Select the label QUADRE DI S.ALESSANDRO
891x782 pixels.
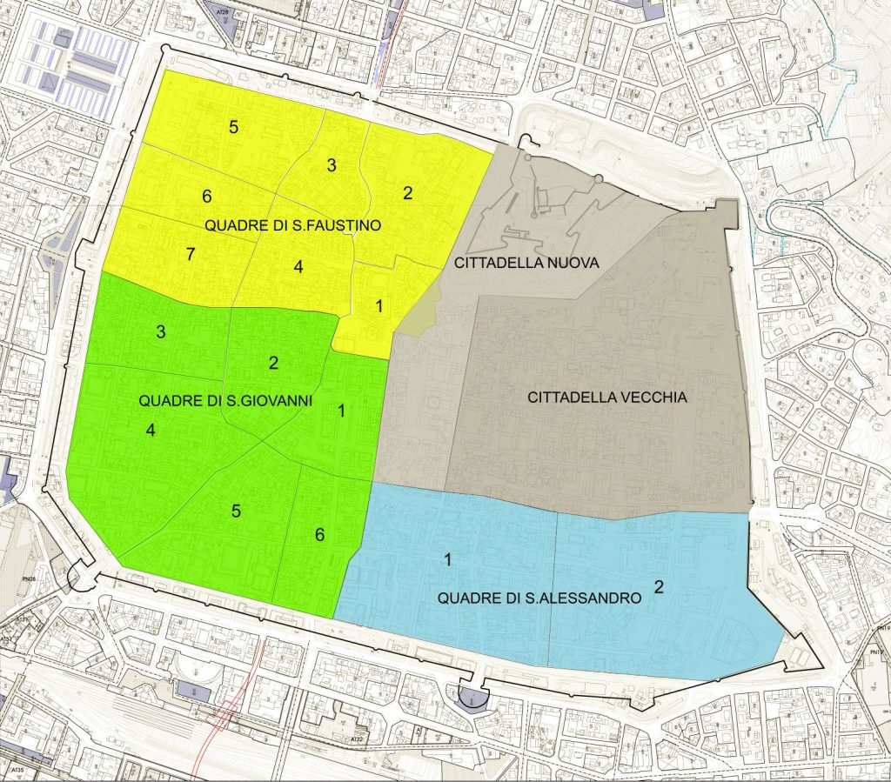(x=539, y=598)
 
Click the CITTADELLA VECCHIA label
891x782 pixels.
(x=607, y=398)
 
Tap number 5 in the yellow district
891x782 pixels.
(x=233, y=127)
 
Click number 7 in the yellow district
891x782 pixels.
(x=191, y=255)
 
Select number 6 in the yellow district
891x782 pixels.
(x=207, y=196)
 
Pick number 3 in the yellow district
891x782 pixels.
(x=331, y=165)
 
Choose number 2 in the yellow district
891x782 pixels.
(x=407, y=193)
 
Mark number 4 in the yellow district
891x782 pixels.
(x=298, y=267)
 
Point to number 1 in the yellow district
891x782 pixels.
(x=379, y=305)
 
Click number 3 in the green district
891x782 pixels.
(x=161, y=331)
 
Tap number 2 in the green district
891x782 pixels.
(x=273, y=363)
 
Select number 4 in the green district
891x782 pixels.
(x=151, y=430)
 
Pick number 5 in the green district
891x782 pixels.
(x=236, y=511)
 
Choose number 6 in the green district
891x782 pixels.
(x=319, y=534)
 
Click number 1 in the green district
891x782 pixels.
(x=341, y=411)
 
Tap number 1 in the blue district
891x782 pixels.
(x=447, y=559)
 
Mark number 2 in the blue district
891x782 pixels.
(x=659, y=587)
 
